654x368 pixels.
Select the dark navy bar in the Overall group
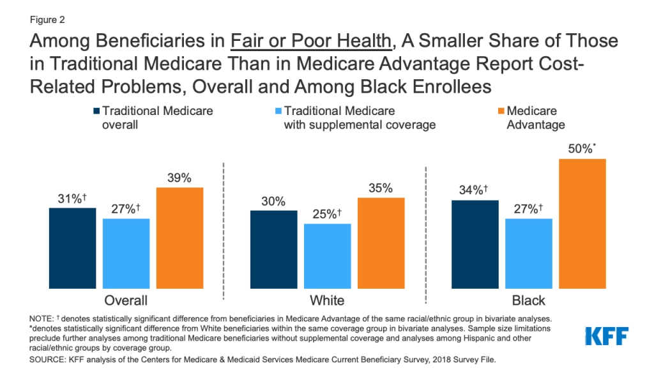[72, 249]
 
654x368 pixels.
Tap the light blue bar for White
[328, 256]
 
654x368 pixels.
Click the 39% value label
[179, 178]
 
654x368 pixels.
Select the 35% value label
[381, 188]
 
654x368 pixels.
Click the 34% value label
[473, 190]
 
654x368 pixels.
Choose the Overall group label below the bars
[126, 300]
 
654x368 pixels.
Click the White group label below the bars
[327, 300]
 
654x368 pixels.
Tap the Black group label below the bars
[528, 300]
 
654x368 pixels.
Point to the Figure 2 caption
[48, 20]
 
